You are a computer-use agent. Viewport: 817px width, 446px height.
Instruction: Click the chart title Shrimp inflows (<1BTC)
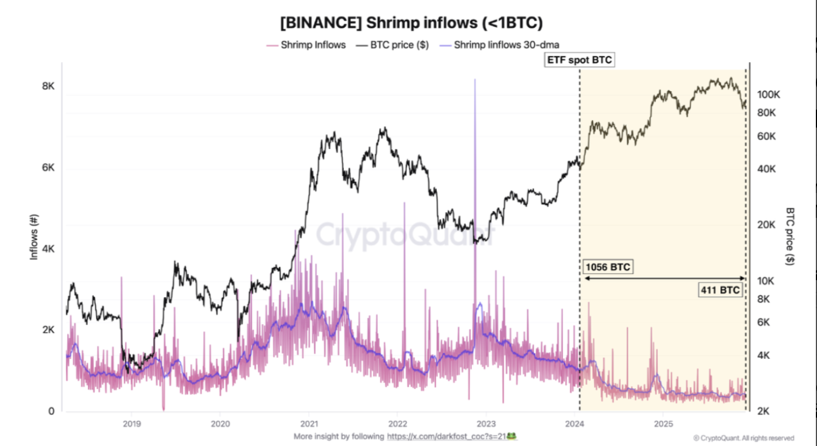point(411,23)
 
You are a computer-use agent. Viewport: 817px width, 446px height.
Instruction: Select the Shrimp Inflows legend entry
point(313,45)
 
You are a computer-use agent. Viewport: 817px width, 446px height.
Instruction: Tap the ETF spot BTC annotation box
point(579,60)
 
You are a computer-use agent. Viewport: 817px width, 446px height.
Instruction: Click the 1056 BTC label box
point(607,267)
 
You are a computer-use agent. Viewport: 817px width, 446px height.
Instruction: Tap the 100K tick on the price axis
point(769,95)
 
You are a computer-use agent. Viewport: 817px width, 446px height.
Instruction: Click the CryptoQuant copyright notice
point(743,438)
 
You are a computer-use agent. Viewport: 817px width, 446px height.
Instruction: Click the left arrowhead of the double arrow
point(586,278)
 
